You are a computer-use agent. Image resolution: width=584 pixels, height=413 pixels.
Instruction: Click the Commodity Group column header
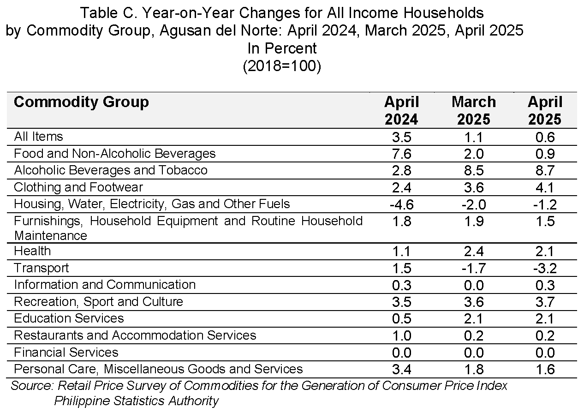pos(81,102)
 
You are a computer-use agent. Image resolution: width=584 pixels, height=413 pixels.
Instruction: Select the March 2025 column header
pos(473,110)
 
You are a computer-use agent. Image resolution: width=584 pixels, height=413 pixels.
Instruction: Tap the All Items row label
pos(39,137)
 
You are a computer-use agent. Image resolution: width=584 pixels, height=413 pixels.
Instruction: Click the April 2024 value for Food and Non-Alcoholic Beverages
pos(401,154)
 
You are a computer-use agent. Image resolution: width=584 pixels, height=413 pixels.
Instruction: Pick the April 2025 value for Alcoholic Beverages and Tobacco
pos(545,171)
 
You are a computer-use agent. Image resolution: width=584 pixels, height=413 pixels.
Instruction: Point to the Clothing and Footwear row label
pos(78,187)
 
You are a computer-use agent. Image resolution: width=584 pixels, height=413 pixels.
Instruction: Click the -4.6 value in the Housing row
pos(401,204)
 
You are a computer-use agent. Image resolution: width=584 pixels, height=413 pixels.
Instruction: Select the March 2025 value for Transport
pos(473,268)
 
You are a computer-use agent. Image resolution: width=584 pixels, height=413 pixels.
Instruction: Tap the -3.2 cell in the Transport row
pos(545,268)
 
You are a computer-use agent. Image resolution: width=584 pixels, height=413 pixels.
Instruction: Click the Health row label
pos(32,251)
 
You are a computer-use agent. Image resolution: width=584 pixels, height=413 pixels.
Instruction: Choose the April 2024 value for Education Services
pos(401,318)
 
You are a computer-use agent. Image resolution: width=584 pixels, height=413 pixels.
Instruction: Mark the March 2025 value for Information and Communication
pos(473,285)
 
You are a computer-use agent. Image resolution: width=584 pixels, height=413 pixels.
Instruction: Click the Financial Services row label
pos(66,352)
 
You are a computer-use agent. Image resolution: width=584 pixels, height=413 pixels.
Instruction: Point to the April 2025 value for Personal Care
pos(545,370)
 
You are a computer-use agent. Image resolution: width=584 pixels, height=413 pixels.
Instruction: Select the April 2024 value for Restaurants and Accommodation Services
pos(401,335)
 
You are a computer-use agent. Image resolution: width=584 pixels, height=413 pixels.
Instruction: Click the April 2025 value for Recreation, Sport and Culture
pos(545,302)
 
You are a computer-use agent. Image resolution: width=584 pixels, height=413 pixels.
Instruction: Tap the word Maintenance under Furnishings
pos(51,236)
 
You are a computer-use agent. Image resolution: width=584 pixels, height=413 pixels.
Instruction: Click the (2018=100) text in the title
pos(282,66)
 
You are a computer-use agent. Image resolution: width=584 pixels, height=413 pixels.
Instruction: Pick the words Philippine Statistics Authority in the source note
pos(137,401)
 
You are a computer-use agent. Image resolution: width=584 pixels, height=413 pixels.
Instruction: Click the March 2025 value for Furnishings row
pos(473,221)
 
